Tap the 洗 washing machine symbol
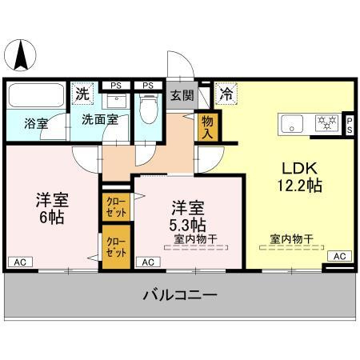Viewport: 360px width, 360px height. click(82, 93)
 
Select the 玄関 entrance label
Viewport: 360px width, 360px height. click(182, 95)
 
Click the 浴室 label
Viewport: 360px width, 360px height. click(35, 124)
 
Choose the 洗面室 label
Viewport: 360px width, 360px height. click(99, 121)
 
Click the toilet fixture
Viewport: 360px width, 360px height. click(148, 108)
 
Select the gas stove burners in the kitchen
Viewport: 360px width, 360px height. click(326, 123)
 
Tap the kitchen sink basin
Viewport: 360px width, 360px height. click(290, 123)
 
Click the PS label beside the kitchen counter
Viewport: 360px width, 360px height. click(350, 123)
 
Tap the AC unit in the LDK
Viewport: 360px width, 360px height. click(338, 256)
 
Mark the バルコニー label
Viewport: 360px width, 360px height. click(179, 295)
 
